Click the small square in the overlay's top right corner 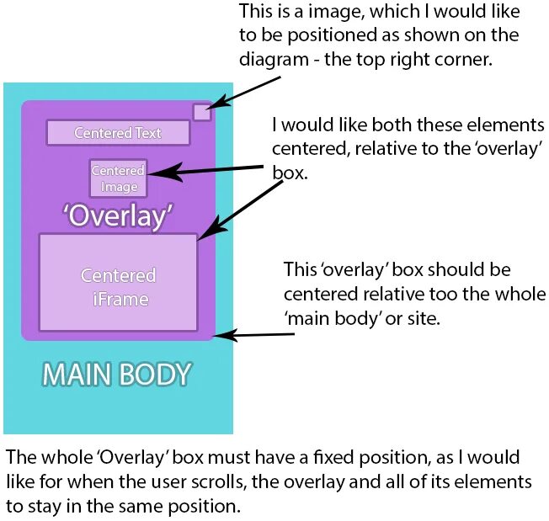tap(201, 112)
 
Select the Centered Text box tap(116, 133)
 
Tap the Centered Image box tap(118, 178)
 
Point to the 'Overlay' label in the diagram tap(118, 215)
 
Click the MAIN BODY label tap(117, 375)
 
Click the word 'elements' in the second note tap(499, 125)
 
